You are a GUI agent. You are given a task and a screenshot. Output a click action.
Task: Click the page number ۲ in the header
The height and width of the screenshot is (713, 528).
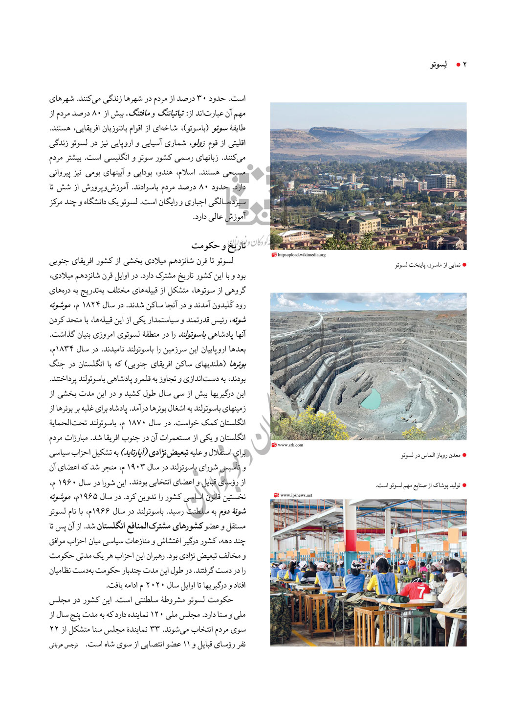point(464,65)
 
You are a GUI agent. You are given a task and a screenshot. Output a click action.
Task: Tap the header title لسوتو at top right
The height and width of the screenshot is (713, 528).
point(439,65)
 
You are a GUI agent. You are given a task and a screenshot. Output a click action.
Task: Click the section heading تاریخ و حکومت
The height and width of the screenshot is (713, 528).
point(219,245)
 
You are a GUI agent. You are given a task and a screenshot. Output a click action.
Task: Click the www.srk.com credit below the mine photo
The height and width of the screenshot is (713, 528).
point(290,445)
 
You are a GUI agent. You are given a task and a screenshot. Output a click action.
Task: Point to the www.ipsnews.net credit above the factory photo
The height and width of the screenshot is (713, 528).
point(296,495)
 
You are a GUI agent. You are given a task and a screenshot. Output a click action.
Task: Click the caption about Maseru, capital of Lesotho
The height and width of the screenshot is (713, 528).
point(427,265)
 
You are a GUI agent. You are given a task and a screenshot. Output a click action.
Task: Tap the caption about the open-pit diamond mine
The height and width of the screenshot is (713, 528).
point(430,456)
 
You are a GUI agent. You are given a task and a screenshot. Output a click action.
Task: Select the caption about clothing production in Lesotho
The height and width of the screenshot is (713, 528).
point(418,485)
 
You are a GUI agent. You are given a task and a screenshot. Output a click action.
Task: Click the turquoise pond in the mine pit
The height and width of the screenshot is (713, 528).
point(371,399)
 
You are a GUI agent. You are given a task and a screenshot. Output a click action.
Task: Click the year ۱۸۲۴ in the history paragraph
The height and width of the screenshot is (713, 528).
point(91,305)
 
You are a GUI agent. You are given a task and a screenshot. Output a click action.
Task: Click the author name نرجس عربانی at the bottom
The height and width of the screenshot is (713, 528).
point(64,645)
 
